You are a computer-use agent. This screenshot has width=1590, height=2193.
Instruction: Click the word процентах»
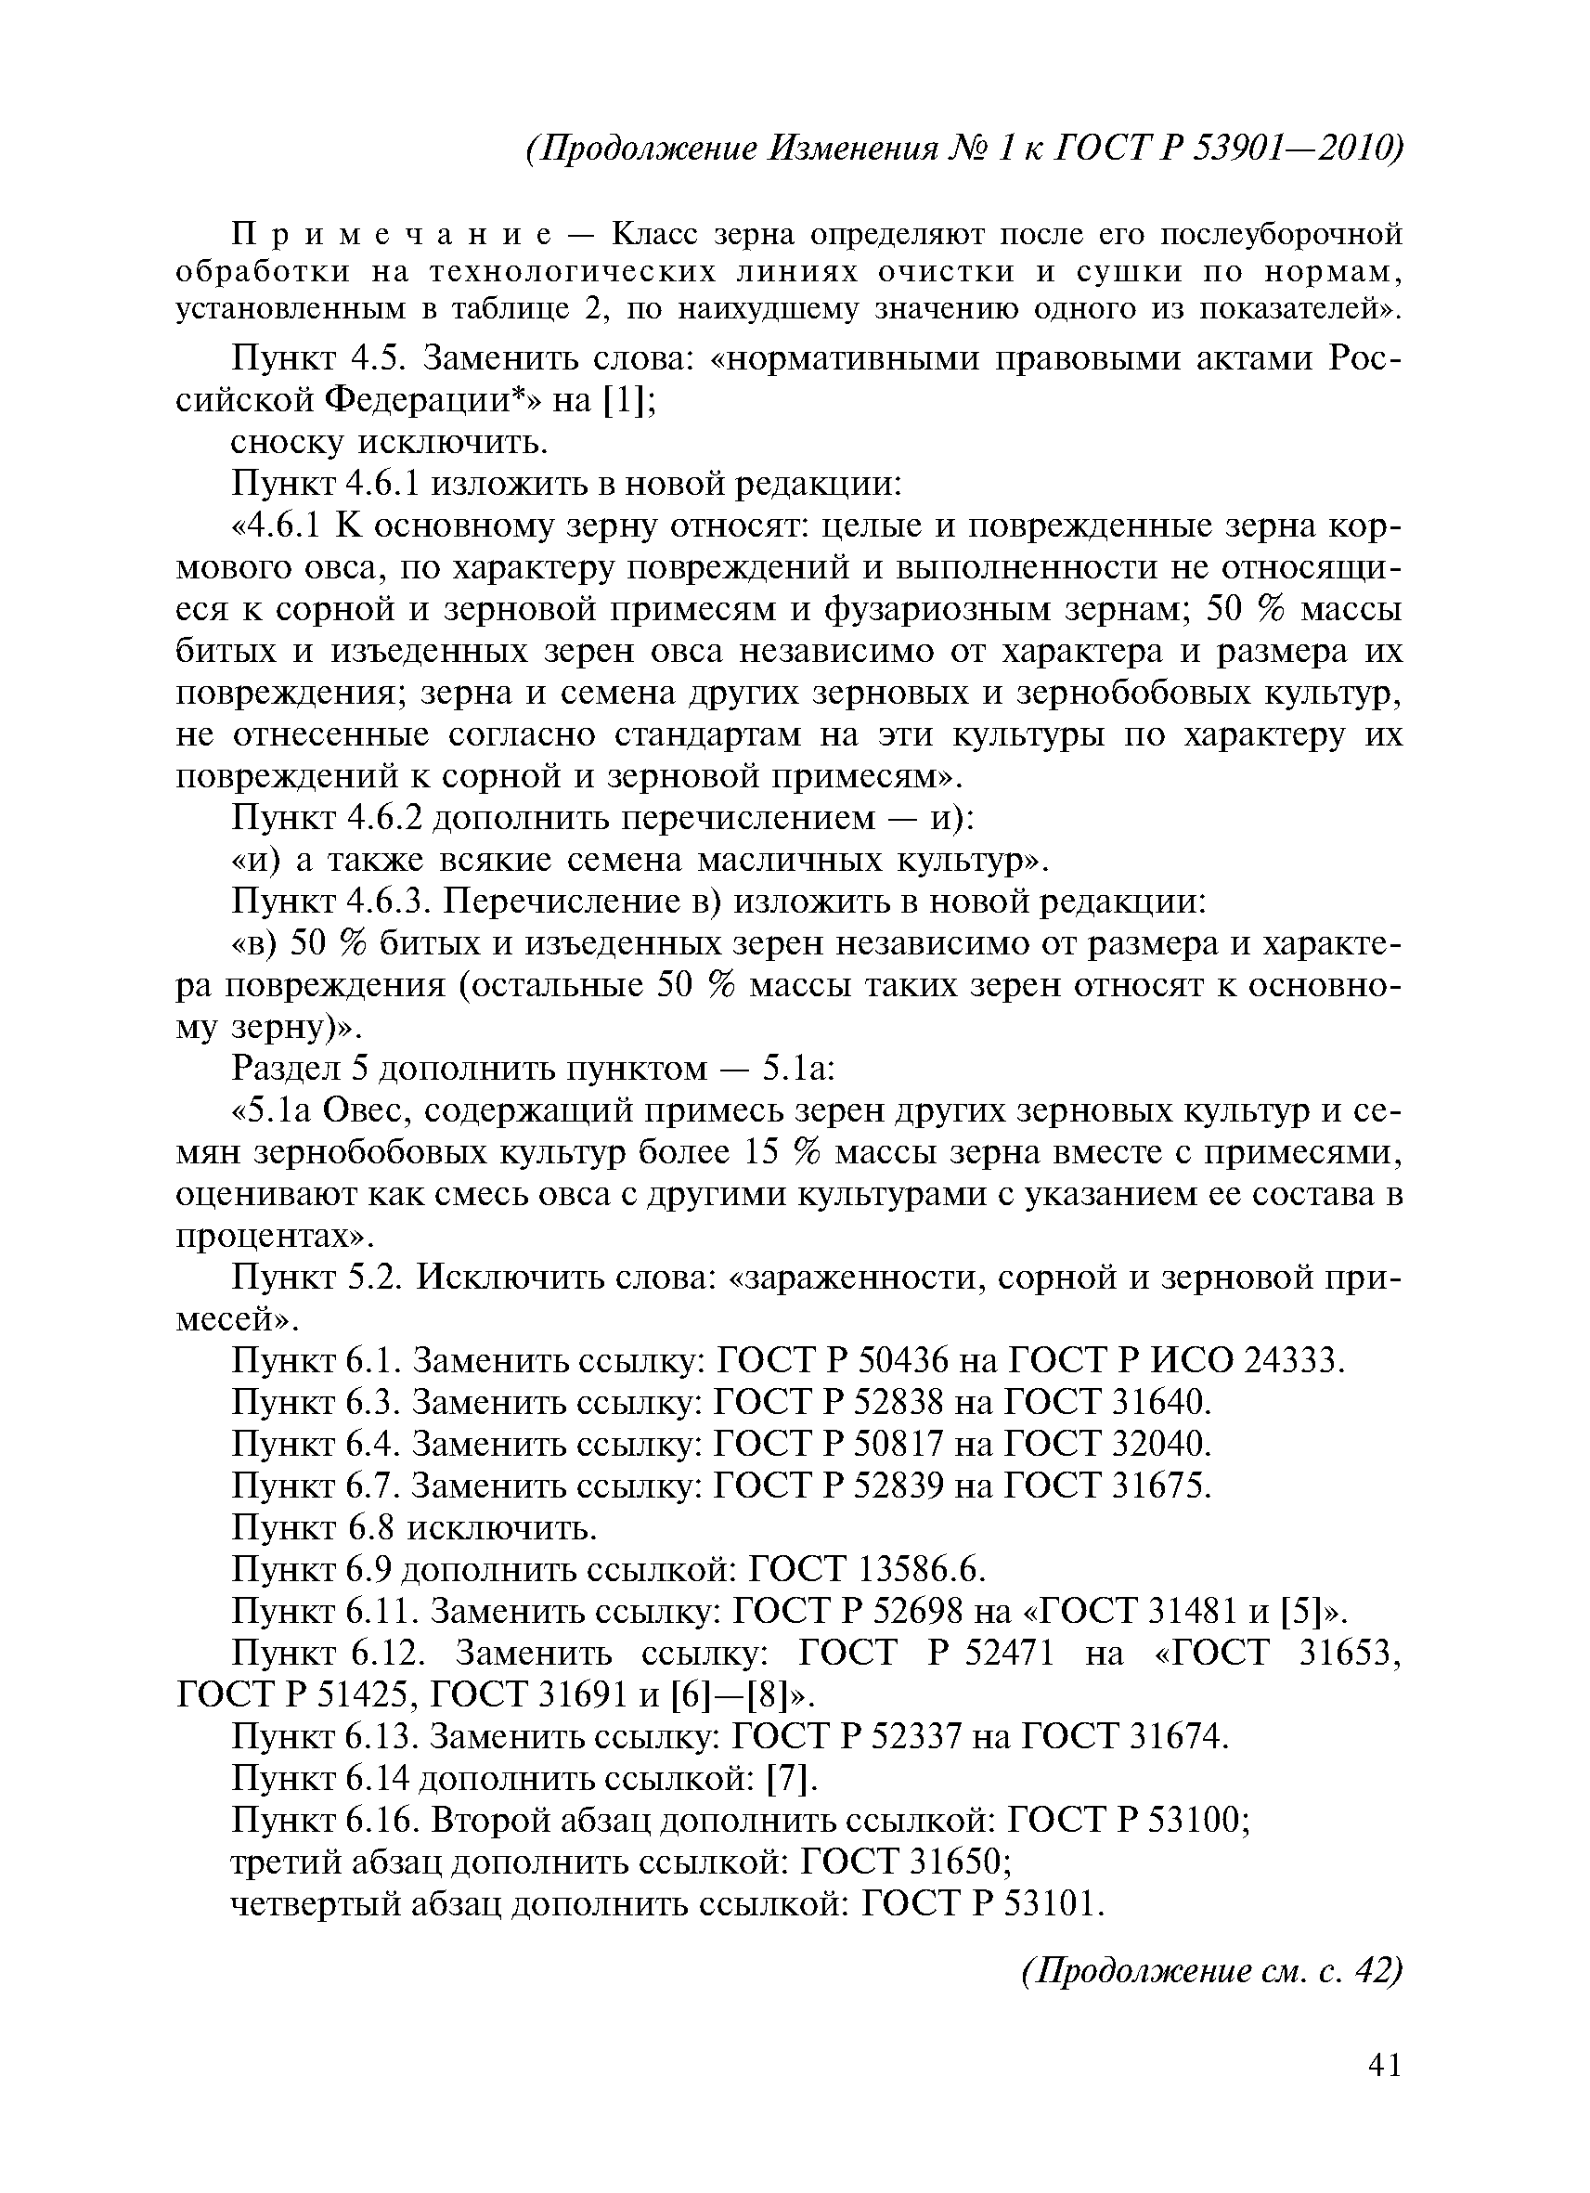pyautogui.click(x=275, y=1237)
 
